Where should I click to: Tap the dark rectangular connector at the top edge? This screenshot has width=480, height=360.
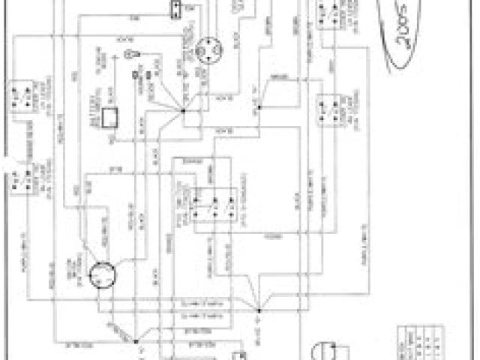point(175,9)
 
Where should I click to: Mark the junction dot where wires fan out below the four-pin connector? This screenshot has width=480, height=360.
point(184,112)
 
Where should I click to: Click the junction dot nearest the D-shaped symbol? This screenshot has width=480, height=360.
point(257,307)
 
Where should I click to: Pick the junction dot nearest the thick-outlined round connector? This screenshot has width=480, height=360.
point(137,342)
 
